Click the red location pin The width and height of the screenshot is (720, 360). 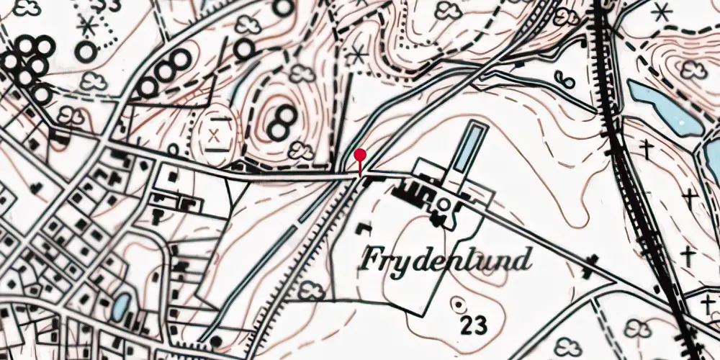pyautogui.click(x=360, y=156)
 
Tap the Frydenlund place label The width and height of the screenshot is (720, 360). pyautogui.click(x=447, y=258)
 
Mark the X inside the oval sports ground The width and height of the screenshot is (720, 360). pyautogui.click(x=214, y=135)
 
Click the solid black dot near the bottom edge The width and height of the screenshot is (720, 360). pyautogui.click(x=217, y=341)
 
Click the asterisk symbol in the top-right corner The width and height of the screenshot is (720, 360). pyautogui.click(x=661, y=12)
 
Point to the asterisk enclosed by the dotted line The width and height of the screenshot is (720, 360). pyautogui.click(x=89, y=26)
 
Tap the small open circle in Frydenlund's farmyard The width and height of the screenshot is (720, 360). pyautogui.click(x=444, y=206)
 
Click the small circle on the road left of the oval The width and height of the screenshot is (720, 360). pyautogui.click(x=173, y=150)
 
